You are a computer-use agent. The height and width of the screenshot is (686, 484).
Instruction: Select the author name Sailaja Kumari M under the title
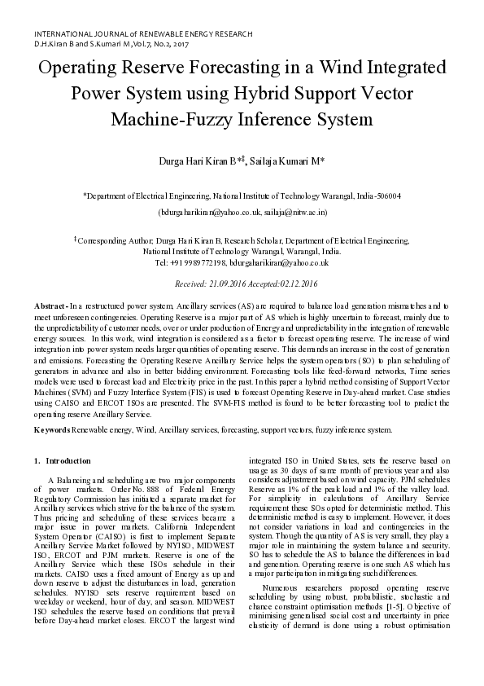(287, 161)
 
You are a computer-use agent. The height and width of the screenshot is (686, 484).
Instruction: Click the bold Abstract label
(48, 305)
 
